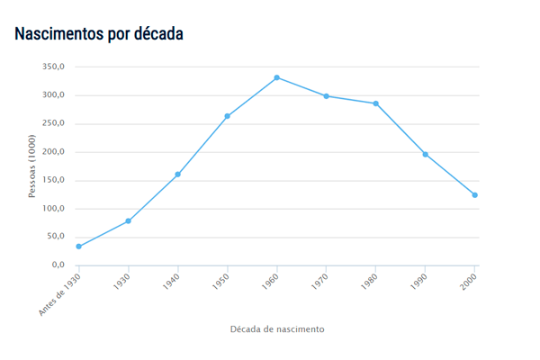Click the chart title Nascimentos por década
tap(99, 34)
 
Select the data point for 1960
tap(276, 77)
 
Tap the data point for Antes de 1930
tap(79, 247)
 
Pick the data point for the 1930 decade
tap(129, 220)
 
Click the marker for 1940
tap(178, 174)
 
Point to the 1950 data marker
tap(228, 116)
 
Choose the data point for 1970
tap(326, 96)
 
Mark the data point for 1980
tap(375, 103)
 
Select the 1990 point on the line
tap(425, 154)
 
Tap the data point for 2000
tap(474, 195)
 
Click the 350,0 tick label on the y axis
tap(53, 67)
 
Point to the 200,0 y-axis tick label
tap(53, 152)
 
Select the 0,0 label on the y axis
tap(58, 265)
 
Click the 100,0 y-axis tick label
tap(53, 209)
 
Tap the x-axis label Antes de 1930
tap(60, 293)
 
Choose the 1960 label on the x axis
tap(269, 281)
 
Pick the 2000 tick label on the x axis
tap(467, 281)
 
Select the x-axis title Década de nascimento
tap(276, 328)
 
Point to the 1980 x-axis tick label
tap(368, 281)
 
